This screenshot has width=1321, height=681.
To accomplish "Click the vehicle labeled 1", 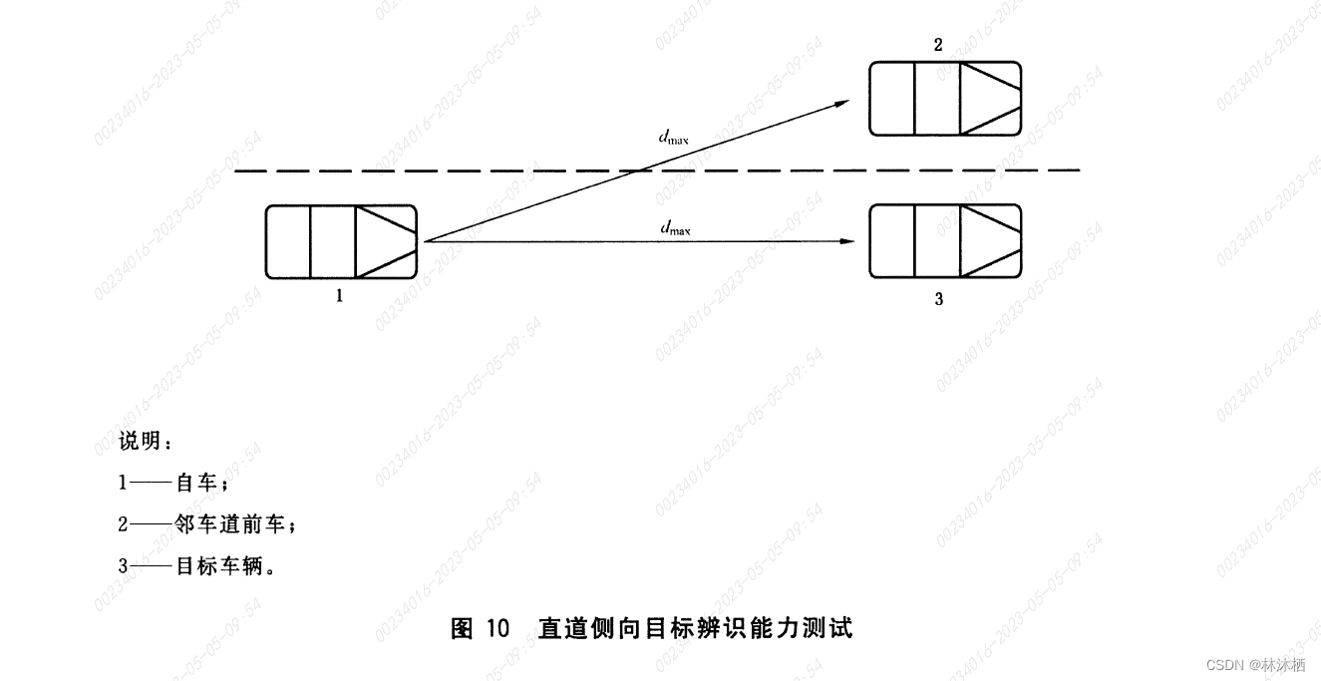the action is [x=340, y=241].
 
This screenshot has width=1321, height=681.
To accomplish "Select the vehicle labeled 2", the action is [x=944, y=98].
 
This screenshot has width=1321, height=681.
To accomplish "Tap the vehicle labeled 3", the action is [x=944, y=241].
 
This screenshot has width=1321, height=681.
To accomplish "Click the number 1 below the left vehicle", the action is [x=340, y=296].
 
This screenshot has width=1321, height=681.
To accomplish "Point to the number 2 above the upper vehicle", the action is [x=938, y=46].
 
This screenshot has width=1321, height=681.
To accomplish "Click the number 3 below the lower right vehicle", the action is [x=938, y=299].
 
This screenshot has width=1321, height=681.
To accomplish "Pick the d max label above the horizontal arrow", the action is [x=675, y=228].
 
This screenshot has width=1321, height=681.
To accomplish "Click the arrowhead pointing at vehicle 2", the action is [x=843, y=102].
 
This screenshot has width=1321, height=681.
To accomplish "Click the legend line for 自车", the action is [x=174, y=484].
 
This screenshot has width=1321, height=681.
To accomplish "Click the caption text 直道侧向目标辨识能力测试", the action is [x=696, y=628].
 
